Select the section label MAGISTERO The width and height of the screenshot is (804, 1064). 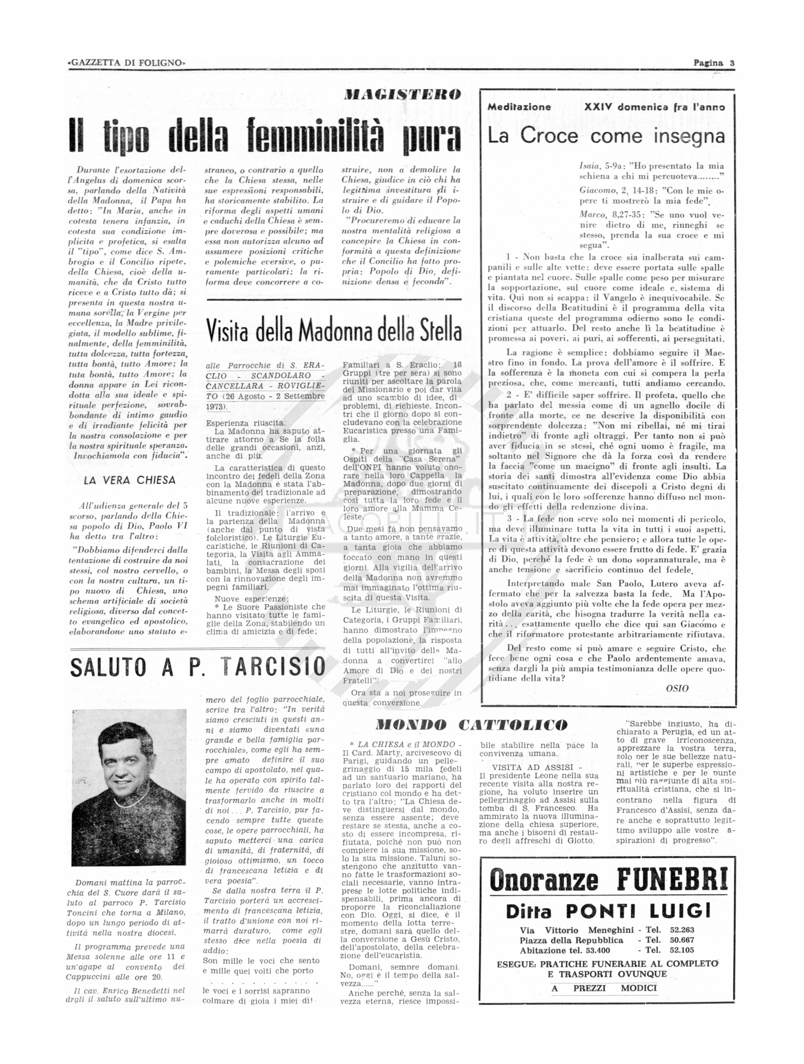403,94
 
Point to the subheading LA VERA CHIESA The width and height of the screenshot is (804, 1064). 129,480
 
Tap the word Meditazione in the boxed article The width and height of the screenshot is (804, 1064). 519,107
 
